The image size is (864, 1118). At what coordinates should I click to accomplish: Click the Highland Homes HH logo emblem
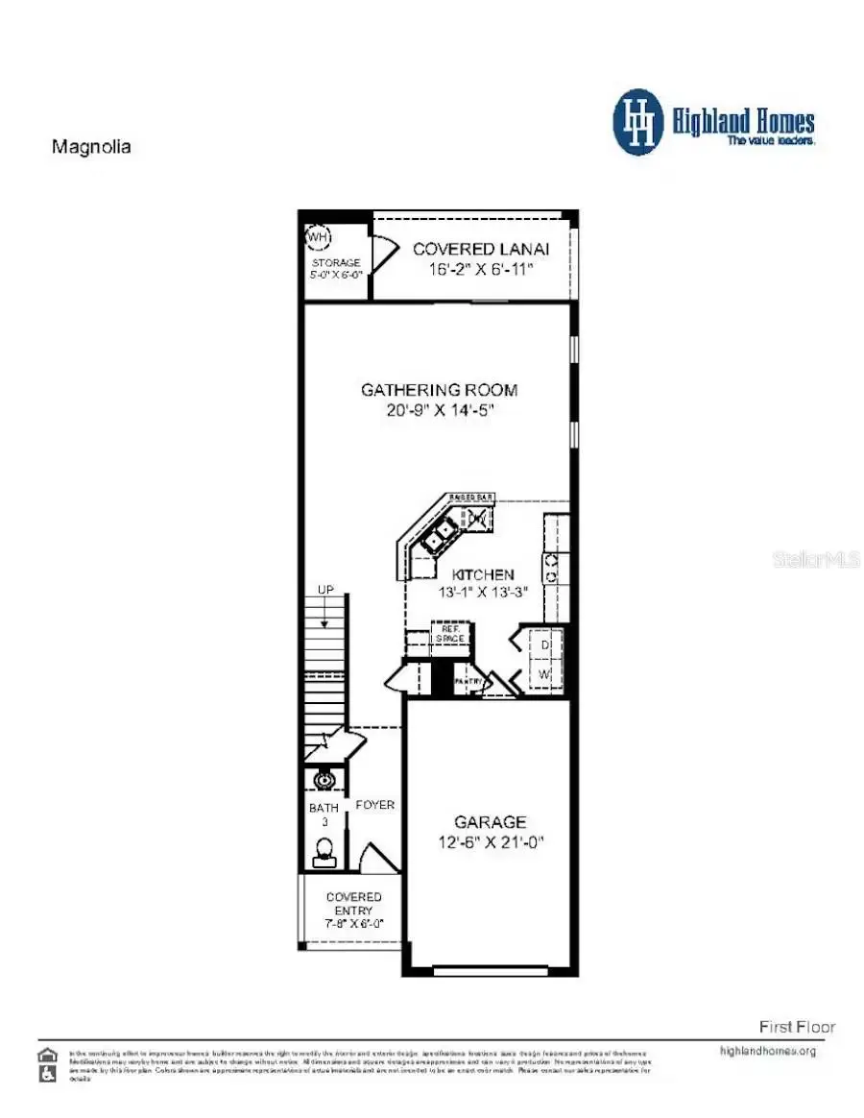(x=637, y=122)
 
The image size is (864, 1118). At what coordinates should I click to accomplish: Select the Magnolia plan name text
(x=90, y=147)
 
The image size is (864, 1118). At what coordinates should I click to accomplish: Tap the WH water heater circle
(x=317, y=235)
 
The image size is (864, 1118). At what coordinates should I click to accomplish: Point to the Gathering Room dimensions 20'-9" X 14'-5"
(x=440, y=409)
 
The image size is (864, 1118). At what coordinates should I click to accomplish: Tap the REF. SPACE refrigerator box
(x=447, y=635)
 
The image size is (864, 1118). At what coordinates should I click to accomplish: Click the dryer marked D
(x=544, y=645)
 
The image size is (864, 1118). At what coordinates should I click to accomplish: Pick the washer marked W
(x=544, y=675)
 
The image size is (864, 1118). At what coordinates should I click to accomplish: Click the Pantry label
(x=468, y=681)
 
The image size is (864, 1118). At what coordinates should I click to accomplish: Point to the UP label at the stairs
(x=327, y=590)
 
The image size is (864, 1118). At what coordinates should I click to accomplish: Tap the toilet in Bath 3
(x=324, y=848)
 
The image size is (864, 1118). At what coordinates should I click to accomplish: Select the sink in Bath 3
(x=324, y=780)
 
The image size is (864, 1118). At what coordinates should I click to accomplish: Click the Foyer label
(x=374, y=805)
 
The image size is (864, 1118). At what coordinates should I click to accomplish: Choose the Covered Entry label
(x=353, y=903)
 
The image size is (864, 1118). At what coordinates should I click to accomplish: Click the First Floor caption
(x=797, y=1027)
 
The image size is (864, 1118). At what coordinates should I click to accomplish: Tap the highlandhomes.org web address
(x=767, y=1051)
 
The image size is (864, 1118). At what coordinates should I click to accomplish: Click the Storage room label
(x=336, y=262)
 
